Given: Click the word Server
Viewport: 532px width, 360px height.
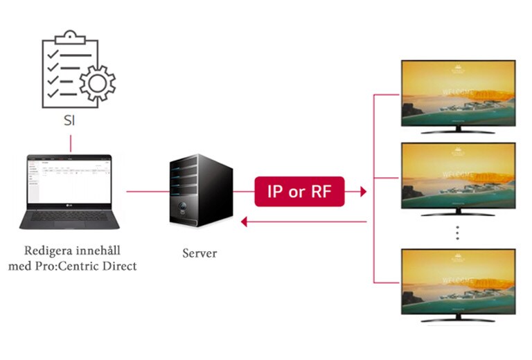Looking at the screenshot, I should [199, 253].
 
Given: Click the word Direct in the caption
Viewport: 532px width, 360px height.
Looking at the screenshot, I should [118, 265].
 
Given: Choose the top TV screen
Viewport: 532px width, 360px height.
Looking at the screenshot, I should [459, 93].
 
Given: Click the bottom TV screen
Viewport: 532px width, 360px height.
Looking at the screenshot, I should [459, 280].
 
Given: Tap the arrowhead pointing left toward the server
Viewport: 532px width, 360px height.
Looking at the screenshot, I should [242, 222].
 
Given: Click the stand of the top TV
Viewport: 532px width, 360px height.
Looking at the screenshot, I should [458, 129].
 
